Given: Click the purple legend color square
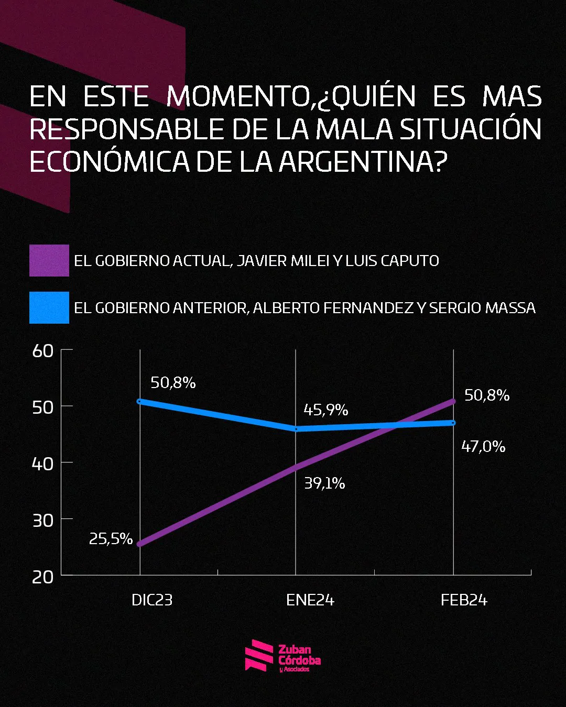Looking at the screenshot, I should click(49, 260).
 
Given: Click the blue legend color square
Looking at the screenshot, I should click(49, 307).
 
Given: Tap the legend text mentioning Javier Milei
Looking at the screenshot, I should click(256, 261).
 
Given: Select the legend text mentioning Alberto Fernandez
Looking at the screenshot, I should click(304, 308).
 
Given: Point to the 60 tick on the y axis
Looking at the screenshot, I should click(43, 351).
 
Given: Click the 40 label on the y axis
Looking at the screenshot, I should click(43, 463).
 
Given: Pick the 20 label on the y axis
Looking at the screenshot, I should click(43, 577).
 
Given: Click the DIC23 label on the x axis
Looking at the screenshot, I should click(152, 600).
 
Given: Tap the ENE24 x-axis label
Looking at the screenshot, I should click(310, 600).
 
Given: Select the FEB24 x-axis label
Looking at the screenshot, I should click(464, 600).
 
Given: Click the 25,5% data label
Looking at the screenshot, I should click(111, 539).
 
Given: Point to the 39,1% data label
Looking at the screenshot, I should click(324, 483).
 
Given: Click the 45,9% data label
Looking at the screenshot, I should click(326, 410).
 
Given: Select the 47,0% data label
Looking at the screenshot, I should click(483, 446).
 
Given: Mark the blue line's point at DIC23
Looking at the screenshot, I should click(139, 401).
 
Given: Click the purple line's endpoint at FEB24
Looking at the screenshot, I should click(453, 401).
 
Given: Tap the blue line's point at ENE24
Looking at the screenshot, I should click(296, 429).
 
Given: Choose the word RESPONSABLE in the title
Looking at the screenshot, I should click(128, 129).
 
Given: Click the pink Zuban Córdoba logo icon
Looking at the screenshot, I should click(259, 655).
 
